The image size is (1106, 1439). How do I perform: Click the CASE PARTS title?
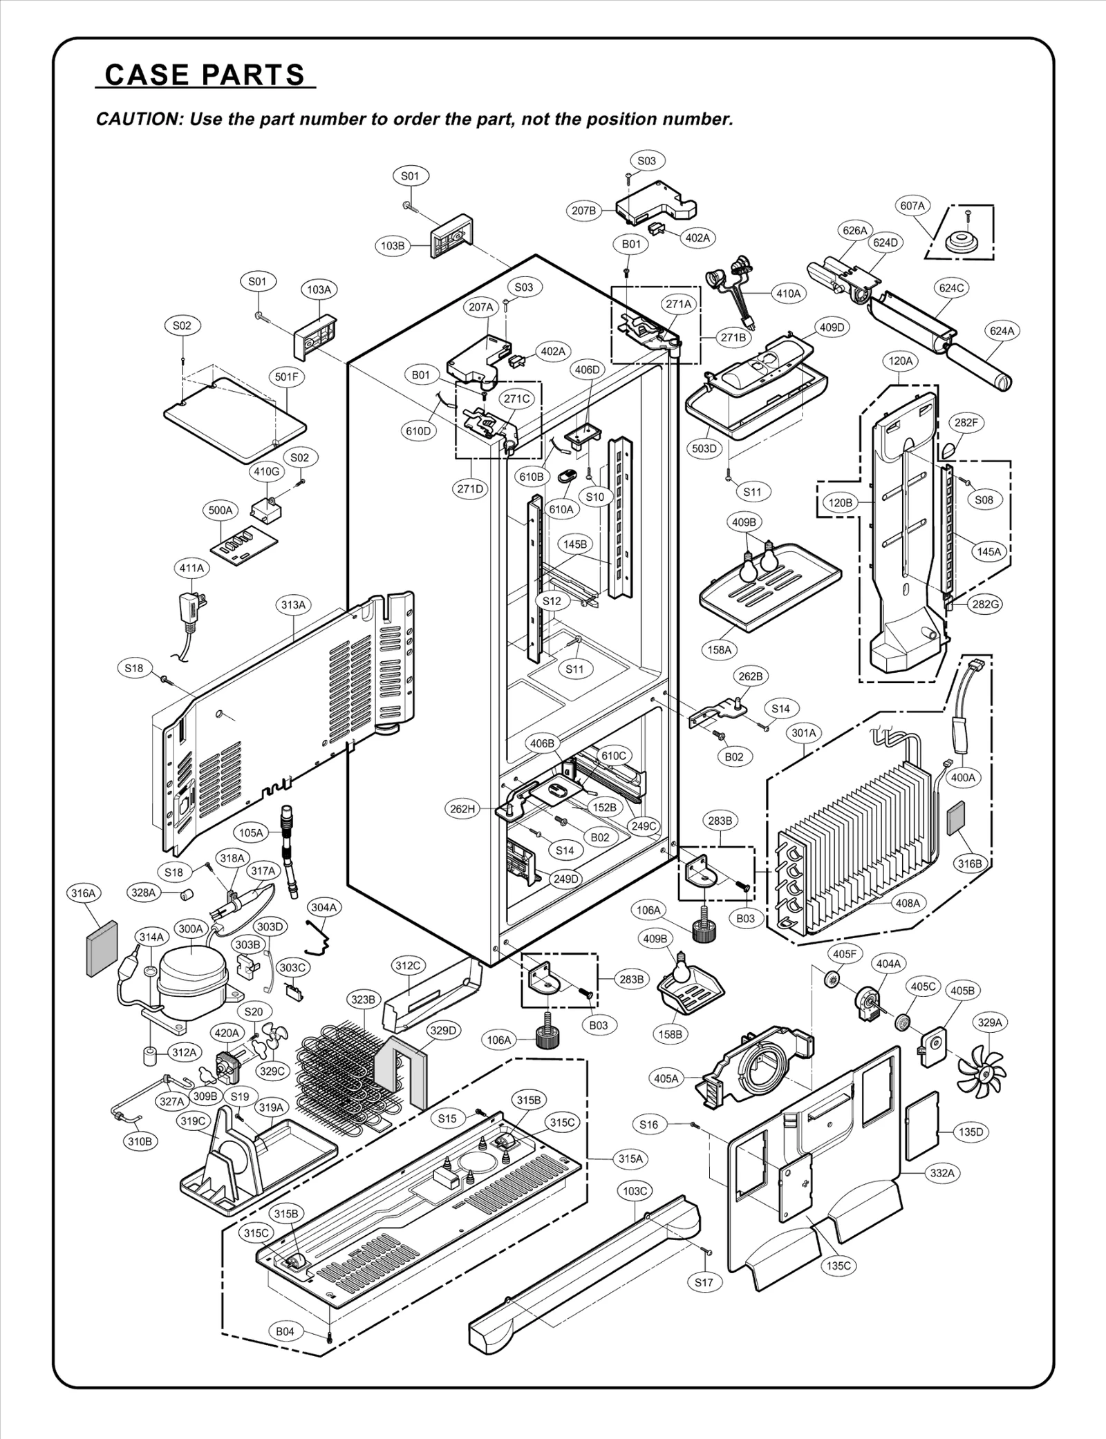point(205,74)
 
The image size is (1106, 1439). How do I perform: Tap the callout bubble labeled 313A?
point(293,604)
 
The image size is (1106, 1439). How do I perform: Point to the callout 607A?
point(912,205)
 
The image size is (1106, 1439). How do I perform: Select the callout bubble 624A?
point(1002,331)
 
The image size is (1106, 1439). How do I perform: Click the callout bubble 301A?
point(803,732)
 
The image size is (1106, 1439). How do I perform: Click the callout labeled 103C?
point(635,1190)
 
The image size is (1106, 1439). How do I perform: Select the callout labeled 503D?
point(704,448)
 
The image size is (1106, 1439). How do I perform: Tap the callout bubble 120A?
point(901,361)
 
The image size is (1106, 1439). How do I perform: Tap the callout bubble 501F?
point(287,377)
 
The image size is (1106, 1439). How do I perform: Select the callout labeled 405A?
point(666,1078)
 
